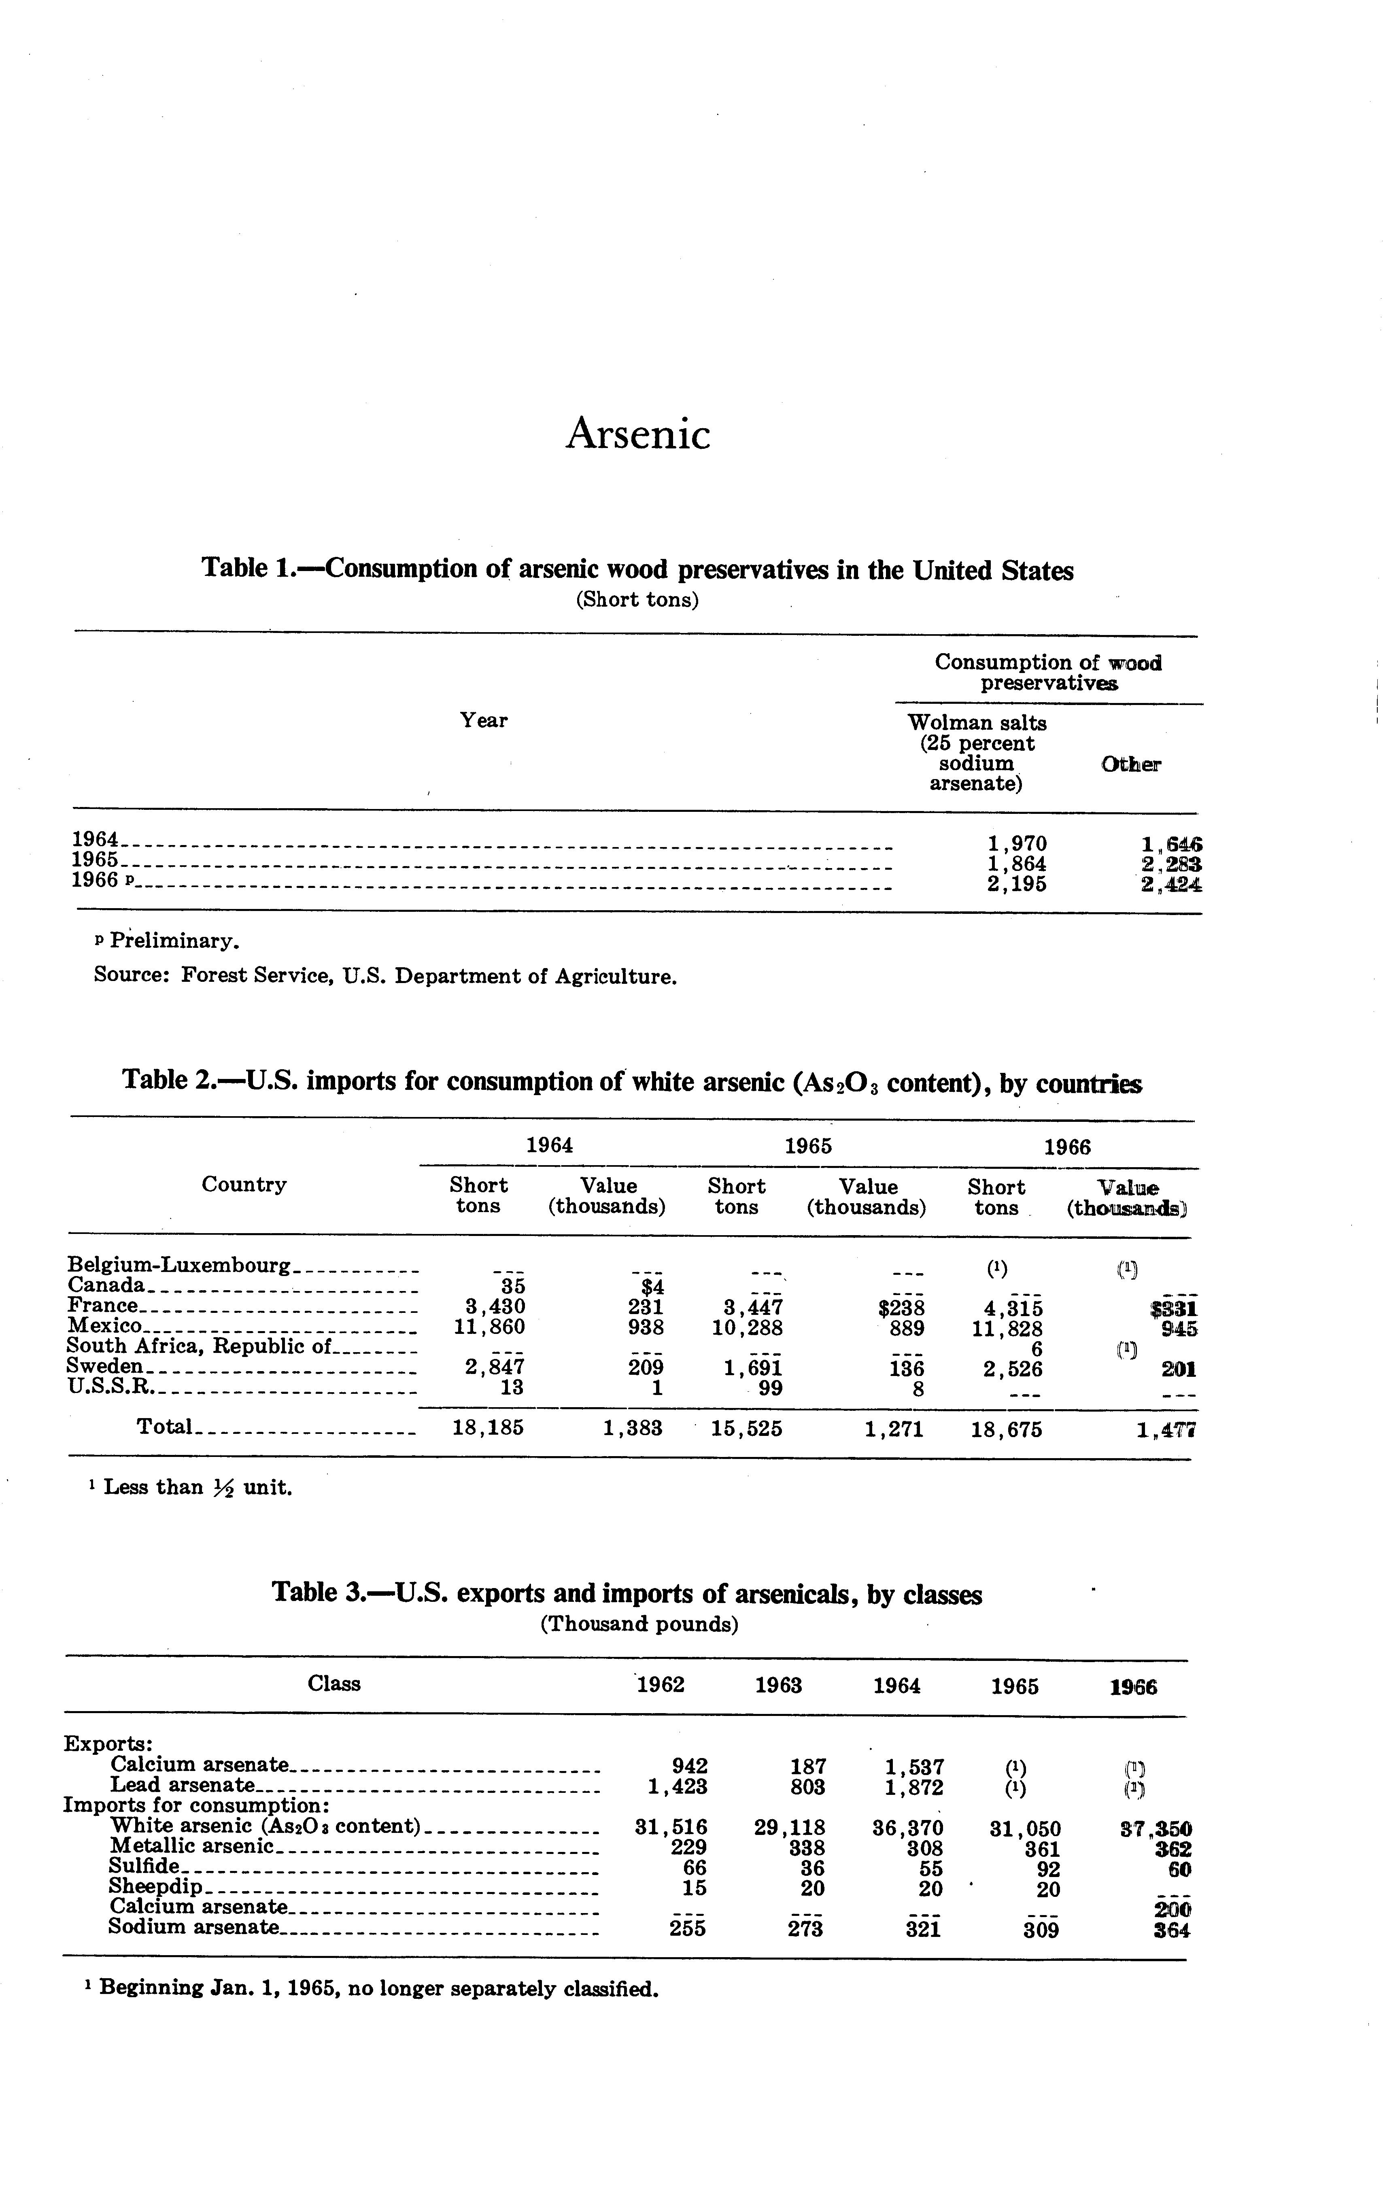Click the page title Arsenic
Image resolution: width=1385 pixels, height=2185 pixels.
[x=638, y=434]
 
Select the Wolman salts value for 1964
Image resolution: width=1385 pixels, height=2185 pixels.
[x=1017, y=844]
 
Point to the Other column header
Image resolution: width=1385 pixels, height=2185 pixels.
[x=1131, y=764]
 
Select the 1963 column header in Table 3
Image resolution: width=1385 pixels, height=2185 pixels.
[x=778, y=1685]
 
